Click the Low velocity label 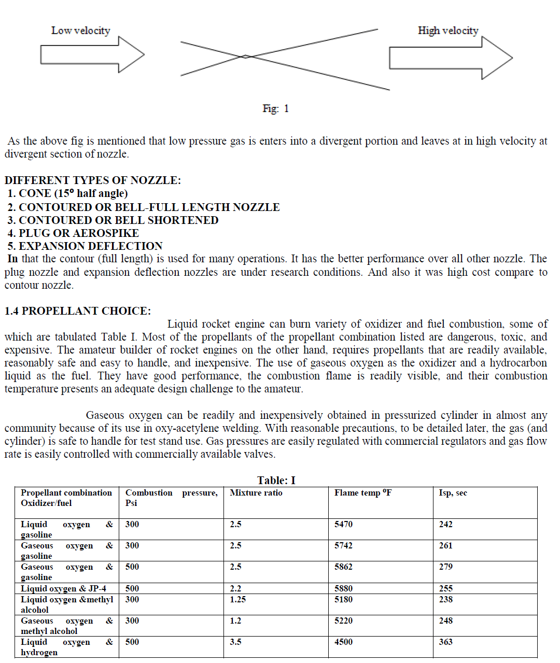(80, 31)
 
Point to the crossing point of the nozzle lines (245, 57)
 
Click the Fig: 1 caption (275, 108)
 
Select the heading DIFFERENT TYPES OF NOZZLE (93, 180)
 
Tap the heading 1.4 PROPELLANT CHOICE (78, 311)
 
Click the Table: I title (276, 481)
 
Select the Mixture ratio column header (256, 493)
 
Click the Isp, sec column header (453, 493)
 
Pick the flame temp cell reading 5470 (343, 525)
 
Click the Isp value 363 (445, 642)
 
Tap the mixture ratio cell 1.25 (238, 600)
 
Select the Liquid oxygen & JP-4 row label (63, 589)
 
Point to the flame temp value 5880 (343, 589)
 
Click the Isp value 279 (445, 567)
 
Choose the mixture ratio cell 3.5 (235, 642)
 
